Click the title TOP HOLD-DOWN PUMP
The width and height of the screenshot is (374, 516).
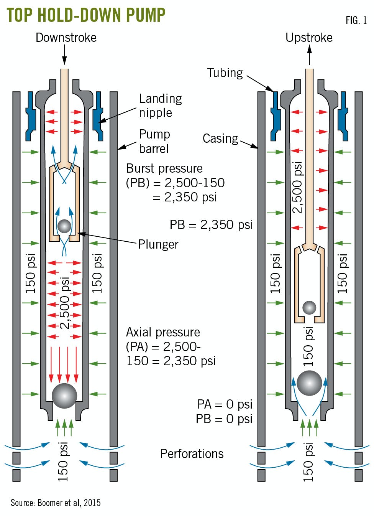(x=86, y=15)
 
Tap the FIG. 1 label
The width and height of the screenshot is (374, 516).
(x=356, y=21)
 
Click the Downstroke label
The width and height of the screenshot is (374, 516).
(x=66, y=38)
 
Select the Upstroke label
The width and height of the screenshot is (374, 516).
(x=309, y=38)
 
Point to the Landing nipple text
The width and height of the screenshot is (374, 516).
(x=160, y=106)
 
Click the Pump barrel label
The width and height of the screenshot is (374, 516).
(x=154, y=141)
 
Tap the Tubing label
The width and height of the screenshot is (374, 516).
(x=225, y=73)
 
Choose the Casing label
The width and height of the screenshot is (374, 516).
(x=220, y=138)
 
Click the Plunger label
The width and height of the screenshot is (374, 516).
(x=158, y=244)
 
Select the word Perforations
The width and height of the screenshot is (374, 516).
(x=192, y=454)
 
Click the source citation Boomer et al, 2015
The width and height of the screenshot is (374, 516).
(x=56, y=503)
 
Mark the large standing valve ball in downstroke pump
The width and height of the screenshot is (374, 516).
(x=64, y=396)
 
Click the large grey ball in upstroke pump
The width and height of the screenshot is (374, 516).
(x=309, y=383)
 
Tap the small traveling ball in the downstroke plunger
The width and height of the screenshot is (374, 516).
(x=64, y=226)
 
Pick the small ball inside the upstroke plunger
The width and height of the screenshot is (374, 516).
(x=309, y=307)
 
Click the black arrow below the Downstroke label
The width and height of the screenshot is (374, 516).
(x=64, y=55)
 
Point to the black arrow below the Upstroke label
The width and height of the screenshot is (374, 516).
(x=310, y=55)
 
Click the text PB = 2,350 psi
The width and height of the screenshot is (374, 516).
(x=211, y=225)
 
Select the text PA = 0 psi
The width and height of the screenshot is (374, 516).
(x=225, y=404)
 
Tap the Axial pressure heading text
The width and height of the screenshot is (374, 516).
(x=163, y=332)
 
